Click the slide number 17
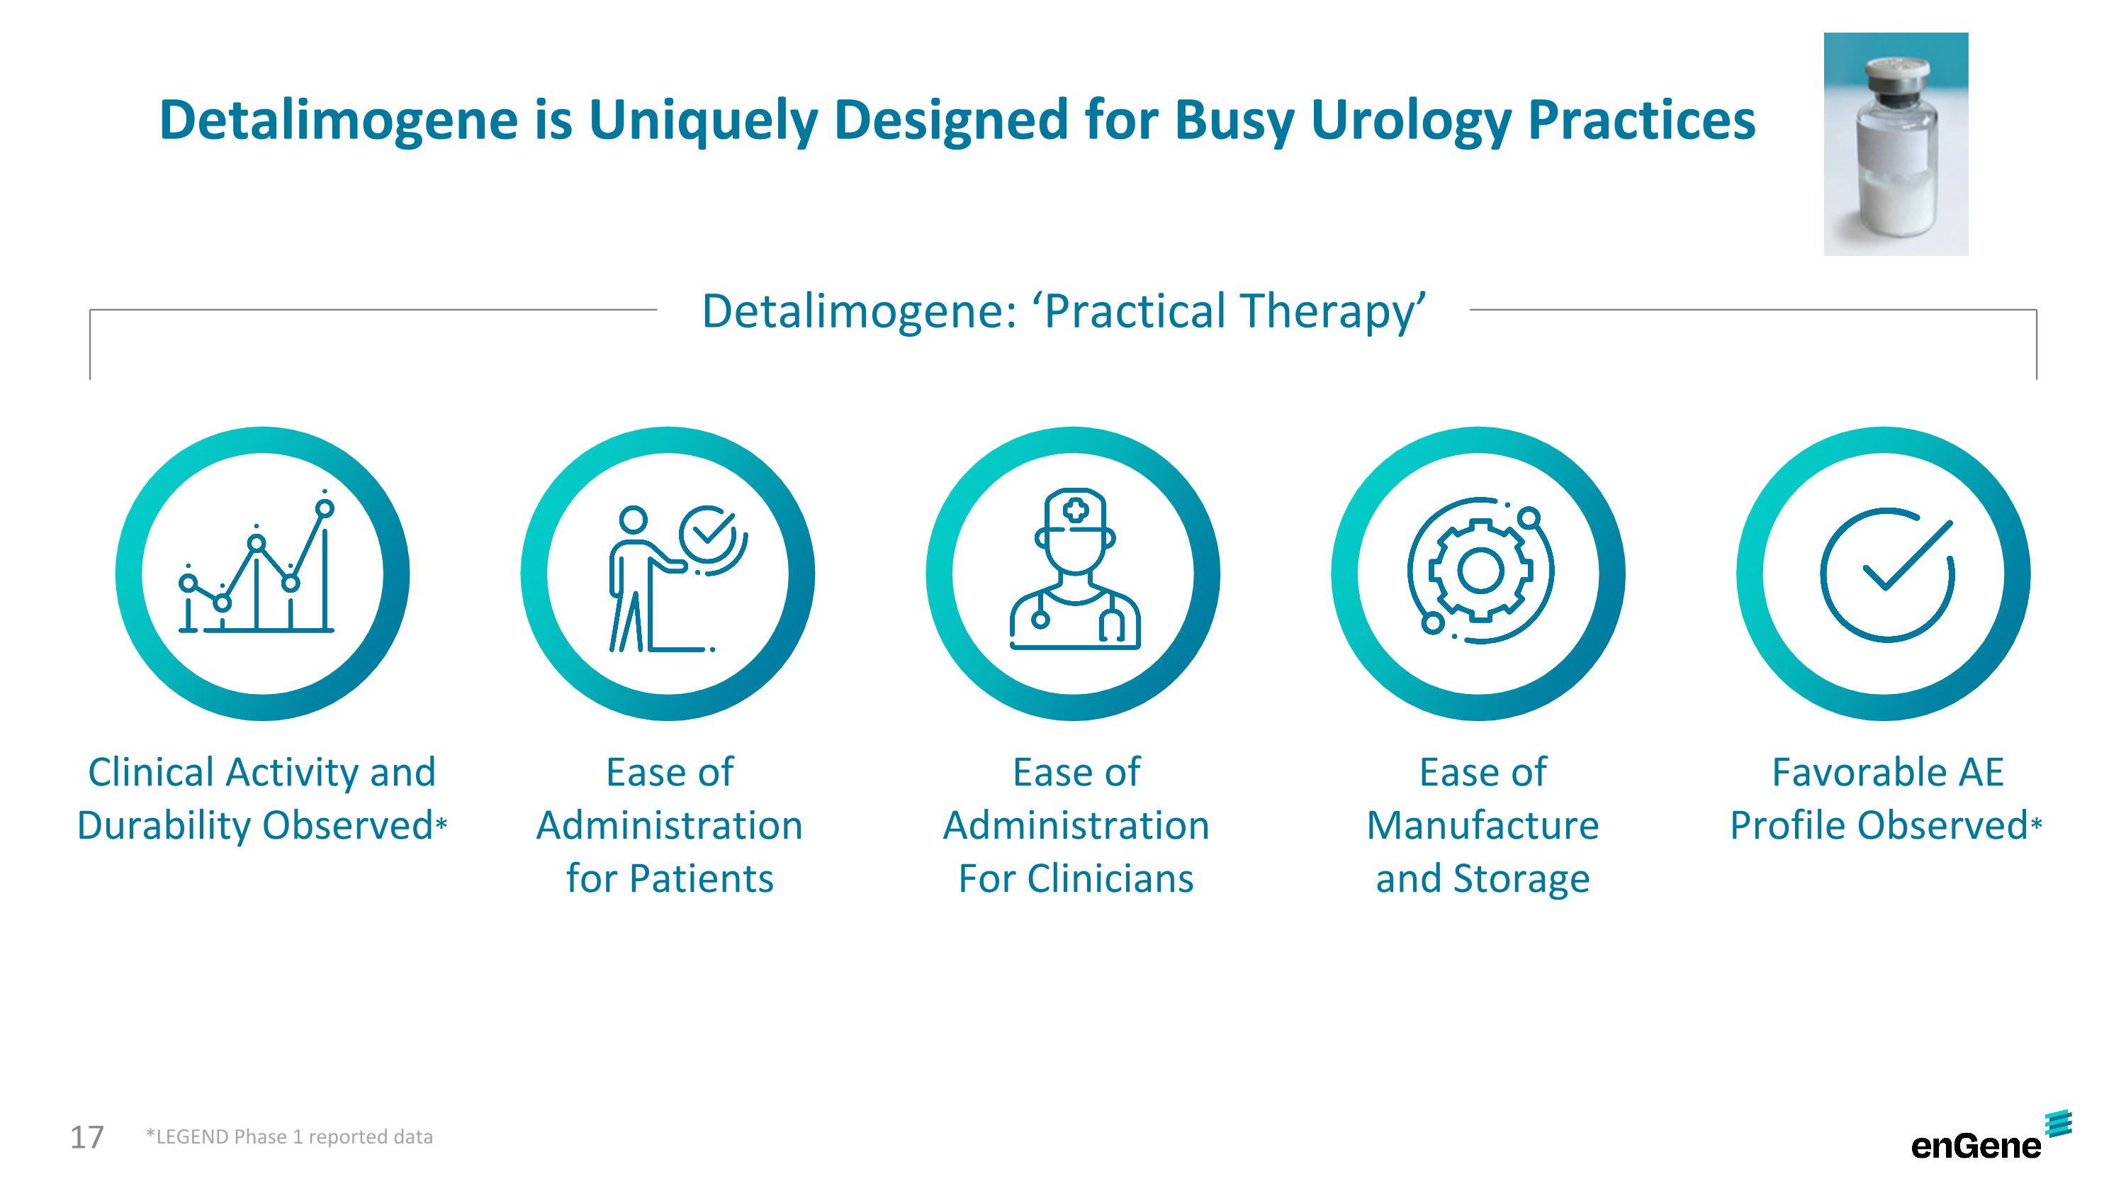[x=86, y=1137]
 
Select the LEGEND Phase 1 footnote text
[x=289, y=1136]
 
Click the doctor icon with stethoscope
[x=1074, y=569]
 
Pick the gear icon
[x=1480, y=570]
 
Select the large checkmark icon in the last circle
[x=1887, y=574]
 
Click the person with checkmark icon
[x=677, y=579]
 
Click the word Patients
[x=702, y=878]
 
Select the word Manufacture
[x=1483, y=825]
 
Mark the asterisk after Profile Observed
[x=2037, y=823]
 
